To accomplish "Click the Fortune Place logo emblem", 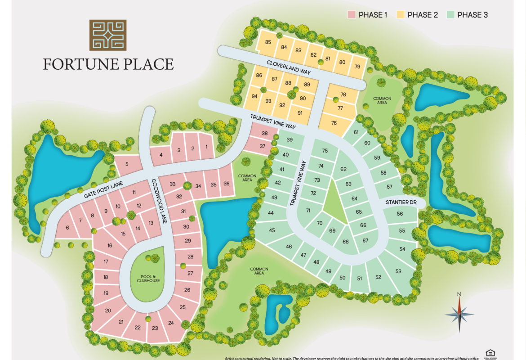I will click(x=108, y=34).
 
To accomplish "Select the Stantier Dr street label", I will click(x=401, y=203).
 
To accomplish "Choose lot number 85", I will click(x=268, y=42).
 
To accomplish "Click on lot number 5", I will click(x=127, y=164).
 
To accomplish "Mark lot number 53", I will click(x=398, y=271).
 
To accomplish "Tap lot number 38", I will click(x=264, y=133).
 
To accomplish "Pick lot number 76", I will click(x=334, y=123).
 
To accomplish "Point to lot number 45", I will click(x=272, y=230).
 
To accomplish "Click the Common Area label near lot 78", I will click(x=382, y=100).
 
